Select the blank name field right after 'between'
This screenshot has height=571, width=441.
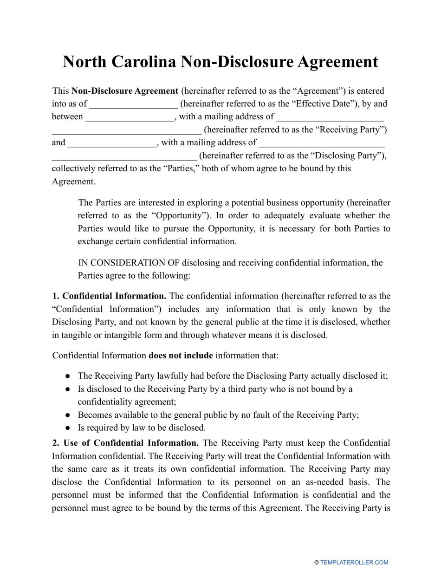[130, 117]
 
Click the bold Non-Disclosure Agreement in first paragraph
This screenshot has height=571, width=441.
[125, 91]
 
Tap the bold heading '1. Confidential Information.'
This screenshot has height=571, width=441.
[109, 296]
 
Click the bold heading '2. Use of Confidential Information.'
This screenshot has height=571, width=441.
[125, 443]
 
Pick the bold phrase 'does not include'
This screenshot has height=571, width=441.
[181, 356]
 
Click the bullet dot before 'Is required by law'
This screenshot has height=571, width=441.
[68, 428]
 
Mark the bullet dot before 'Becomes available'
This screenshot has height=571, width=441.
[68, 415]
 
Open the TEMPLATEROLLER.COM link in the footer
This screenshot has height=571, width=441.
[354, 562]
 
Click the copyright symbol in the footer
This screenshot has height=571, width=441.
[317, 562]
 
